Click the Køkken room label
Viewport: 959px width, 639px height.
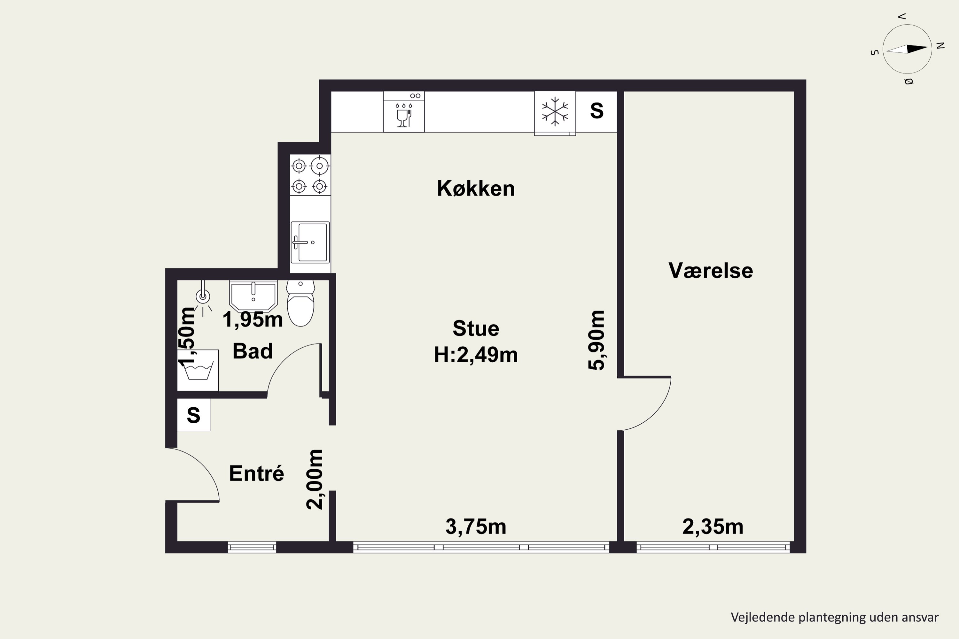point(476,189)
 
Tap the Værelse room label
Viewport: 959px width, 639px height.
point(711,271)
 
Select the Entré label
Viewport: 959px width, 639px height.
point(256,473)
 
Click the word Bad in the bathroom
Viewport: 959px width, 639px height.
point(253,351)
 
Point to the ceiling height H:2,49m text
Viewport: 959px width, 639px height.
point(476,355)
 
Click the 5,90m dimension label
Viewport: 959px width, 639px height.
point(596,340)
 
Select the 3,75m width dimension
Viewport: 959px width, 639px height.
point(476,527)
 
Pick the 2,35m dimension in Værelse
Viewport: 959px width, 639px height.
point(713,527)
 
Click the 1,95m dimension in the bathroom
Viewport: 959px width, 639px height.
point(253,319)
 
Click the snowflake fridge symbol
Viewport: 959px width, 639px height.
point(555,111)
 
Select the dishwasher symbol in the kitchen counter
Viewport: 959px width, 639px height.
point(404,112)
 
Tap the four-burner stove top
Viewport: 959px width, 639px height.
point(310,175)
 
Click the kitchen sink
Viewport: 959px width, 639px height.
point(310,243)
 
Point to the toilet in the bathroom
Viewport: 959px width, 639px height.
point(300,303)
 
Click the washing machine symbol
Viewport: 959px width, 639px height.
point(198,370)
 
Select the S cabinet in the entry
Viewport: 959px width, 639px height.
point(194,415)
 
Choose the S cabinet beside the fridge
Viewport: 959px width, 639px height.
point(596,111)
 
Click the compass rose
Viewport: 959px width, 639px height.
point(907,49)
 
